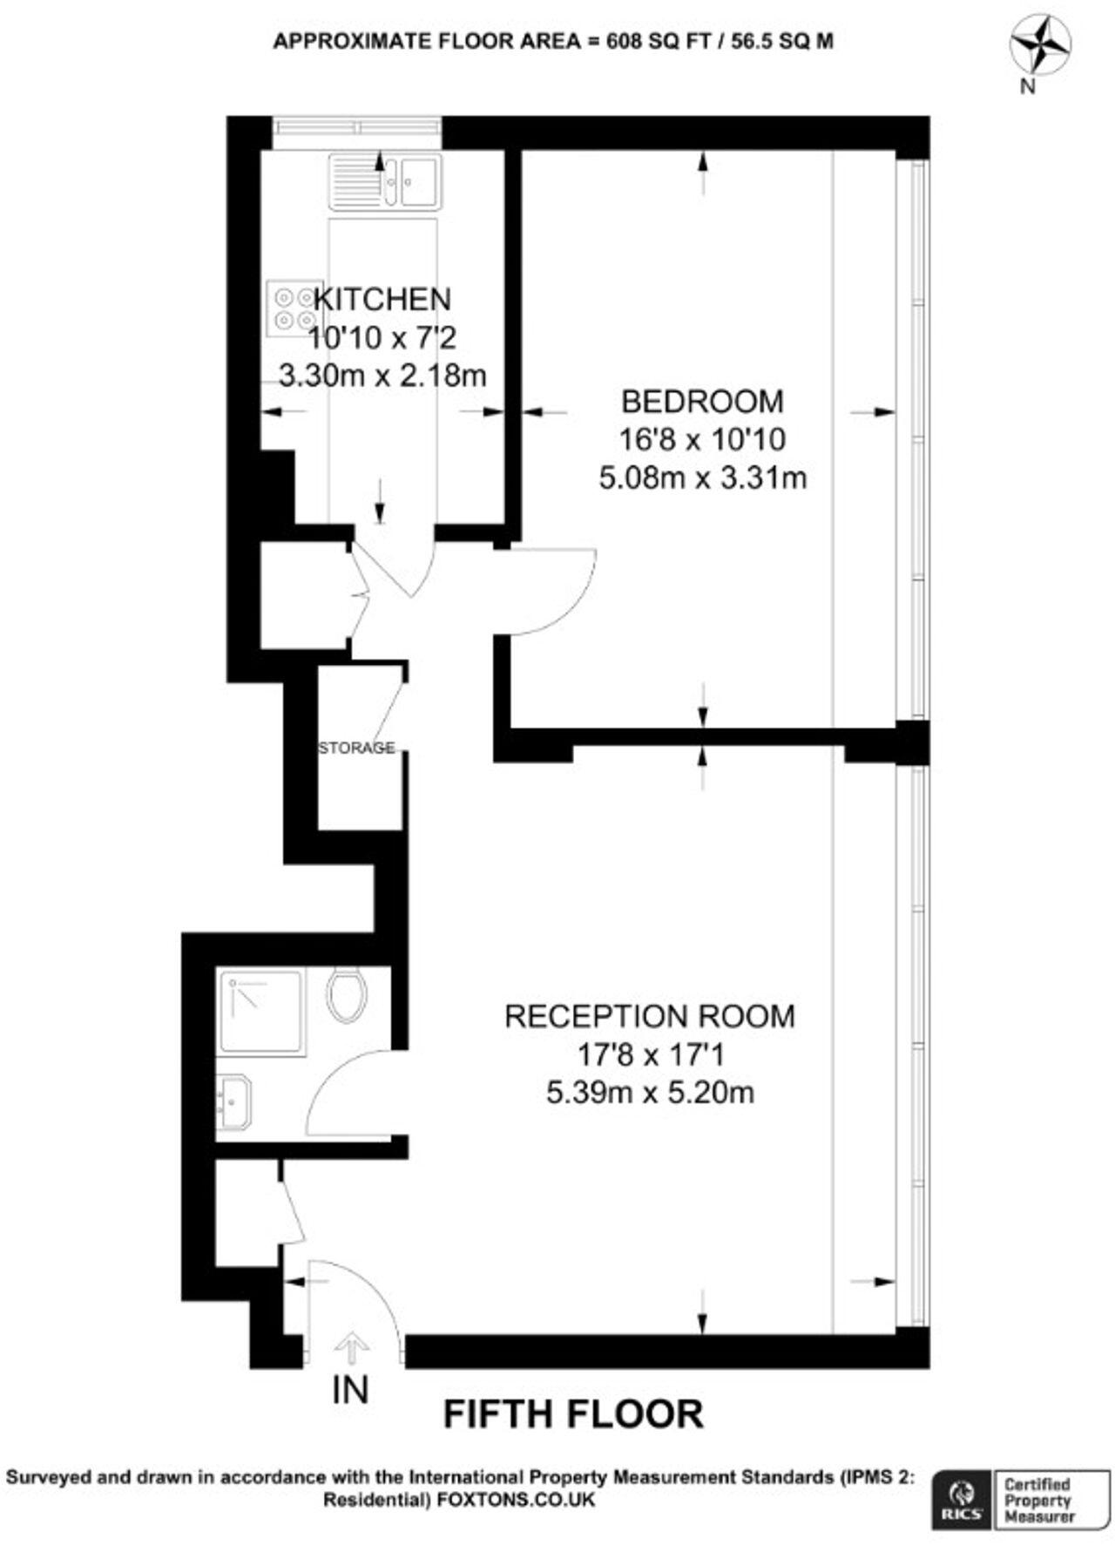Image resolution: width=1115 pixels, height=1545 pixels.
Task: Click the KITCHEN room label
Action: point(382,299)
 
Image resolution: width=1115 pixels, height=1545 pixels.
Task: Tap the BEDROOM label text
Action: point(702,401)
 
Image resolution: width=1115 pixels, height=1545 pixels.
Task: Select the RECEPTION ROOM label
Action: point(650,1016)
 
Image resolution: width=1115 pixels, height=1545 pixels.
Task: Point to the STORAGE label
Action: point(356,748)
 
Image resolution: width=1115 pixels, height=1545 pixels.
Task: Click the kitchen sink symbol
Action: point(385,182)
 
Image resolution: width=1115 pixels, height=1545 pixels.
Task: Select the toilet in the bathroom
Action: point(347,995)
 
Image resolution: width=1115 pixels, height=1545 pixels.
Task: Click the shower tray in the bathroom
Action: point(260,1013)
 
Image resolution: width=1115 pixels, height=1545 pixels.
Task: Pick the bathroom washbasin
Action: point(233,1102)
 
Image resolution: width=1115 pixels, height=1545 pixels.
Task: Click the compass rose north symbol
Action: point(1039,47)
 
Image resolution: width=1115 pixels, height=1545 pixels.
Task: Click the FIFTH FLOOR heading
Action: point(573,1414)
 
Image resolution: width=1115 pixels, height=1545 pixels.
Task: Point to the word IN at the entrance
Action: point(350,1391)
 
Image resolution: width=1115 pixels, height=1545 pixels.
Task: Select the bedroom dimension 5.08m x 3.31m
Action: point(702,478)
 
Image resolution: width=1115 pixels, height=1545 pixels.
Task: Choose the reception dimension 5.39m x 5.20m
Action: point(650,1093)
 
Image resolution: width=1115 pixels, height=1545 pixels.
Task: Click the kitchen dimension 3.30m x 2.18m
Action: point(382,376)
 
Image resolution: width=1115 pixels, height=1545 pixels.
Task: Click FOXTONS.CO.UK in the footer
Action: point(517,1500)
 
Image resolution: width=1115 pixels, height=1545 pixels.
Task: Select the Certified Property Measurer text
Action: point(1037,1501)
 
